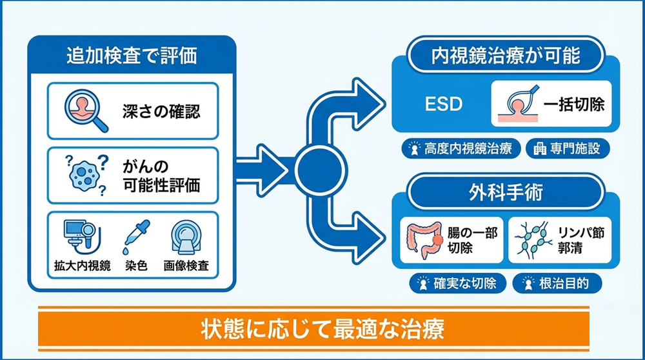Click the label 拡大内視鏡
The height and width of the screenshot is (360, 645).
pos(78,265)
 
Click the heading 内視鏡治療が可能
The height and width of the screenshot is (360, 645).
pos(505,55)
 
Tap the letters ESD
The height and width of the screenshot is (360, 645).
pos(444,105)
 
